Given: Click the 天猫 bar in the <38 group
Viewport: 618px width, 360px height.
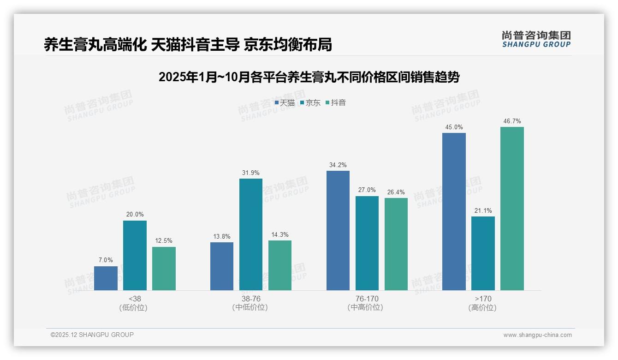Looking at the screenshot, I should tap(106, 278).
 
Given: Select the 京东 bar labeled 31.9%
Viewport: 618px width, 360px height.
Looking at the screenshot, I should tap(250, 234).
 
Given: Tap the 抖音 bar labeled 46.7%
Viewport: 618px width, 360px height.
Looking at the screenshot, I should tap(512, 209).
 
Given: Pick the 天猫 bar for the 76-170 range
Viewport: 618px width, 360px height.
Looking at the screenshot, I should tap(338, 230).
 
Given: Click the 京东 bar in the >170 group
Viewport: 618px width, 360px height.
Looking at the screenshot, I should tap(483, 253).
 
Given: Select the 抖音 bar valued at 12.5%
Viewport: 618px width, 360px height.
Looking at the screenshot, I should tap(164, 269).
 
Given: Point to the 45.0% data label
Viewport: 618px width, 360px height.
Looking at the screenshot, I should tap(454, 127).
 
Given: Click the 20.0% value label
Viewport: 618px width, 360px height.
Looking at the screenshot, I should tap(135, 215).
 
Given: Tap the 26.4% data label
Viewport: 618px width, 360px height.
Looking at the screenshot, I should tap(396, 192).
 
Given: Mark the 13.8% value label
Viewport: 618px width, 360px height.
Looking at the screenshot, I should tap(221, 236).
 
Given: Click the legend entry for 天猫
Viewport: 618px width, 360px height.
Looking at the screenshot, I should tap(285, 102).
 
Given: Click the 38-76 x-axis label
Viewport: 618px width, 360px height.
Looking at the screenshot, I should tap(250, 299).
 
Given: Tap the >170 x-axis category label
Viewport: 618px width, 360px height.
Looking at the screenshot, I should tap(483, 299).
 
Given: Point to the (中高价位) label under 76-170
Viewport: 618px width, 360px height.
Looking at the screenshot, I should tap(367, 307).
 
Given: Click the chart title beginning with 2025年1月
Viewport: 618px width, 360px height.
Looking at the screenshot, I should tap(309, 77).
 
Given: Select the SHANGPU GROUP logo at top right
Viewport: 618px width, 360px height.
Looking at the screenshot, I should tap(536, 39).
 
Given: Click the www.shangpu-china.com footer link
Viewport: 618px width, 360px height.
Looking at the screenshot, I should tap(537, 335).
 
